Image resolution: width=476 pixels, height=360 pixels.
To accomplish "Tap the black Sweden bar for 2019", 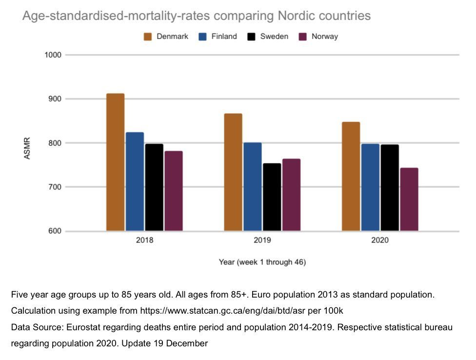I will click(x=272, y=197).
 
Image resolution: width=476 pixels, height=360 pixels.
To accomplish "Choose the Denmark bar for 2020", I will click(x=351, y=176).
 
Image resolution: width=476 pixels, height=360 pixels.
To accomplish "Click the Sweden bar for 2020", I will click(x=390, y=187).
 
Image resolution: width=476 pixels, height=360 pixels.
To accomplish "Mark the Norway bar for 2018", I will click(x=174, y=191).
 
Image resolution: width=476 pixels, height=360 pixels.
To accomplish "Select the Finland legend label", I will click(x=224, y=37).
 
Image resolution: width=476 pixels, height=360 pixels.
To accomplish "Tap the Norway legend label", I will click(x=324, y=37).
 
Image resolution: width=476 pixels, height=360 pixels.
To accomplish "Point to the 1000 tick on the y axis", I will click(x=53, y=55).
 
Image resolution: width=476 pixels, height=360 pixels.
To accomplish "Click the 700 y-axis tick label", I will click(x=54, y=187).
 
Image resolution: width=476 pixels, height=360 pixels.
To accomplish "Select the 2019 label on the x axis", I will click(x=262, y=240).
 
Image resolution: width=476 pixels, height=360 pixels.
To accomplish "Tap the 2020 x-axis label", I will click(x=380, y=240).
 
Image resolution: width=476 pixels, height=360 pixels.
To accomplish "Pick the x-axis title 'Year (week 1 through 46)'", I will click(x=262, y=262).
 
